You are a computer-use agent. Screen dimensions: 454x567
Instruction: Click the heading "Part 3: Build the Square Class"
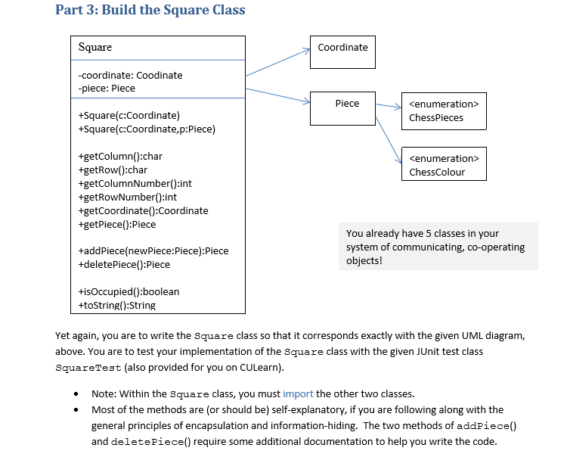coord(150,11)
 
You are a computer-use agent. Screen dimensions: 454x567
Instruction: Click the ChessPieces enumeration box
coord(443,111)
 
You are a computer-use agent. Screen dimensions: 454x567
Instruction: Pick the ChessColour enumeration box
coord(443,165)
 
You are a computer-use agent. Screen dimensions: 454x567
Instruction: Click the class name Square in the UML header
coord(95,47)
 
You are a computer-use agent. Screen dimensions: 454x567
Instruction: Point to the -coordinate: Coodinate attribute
coord(130,75)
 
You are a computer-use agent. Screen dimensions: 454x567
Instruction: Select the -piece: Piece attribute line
coord(107,88)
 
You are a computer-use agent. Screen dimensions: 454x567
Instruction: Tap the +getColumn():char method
coord(120,157)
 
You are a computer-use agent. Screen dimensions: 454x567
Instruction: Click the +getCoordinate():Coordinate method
coord(143,210)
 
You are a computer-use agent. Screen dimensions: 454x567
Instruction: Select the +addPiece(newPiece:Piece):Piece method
coord(153,251)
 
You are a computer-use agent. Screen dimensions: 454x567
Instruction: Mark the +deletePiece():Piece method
coord(124,265)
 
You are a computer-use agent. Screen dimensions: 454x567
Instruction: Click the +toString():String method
coord(116,305)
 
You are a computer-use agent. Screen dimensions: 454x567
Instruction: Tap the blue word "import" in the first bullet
coord(298,394)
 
